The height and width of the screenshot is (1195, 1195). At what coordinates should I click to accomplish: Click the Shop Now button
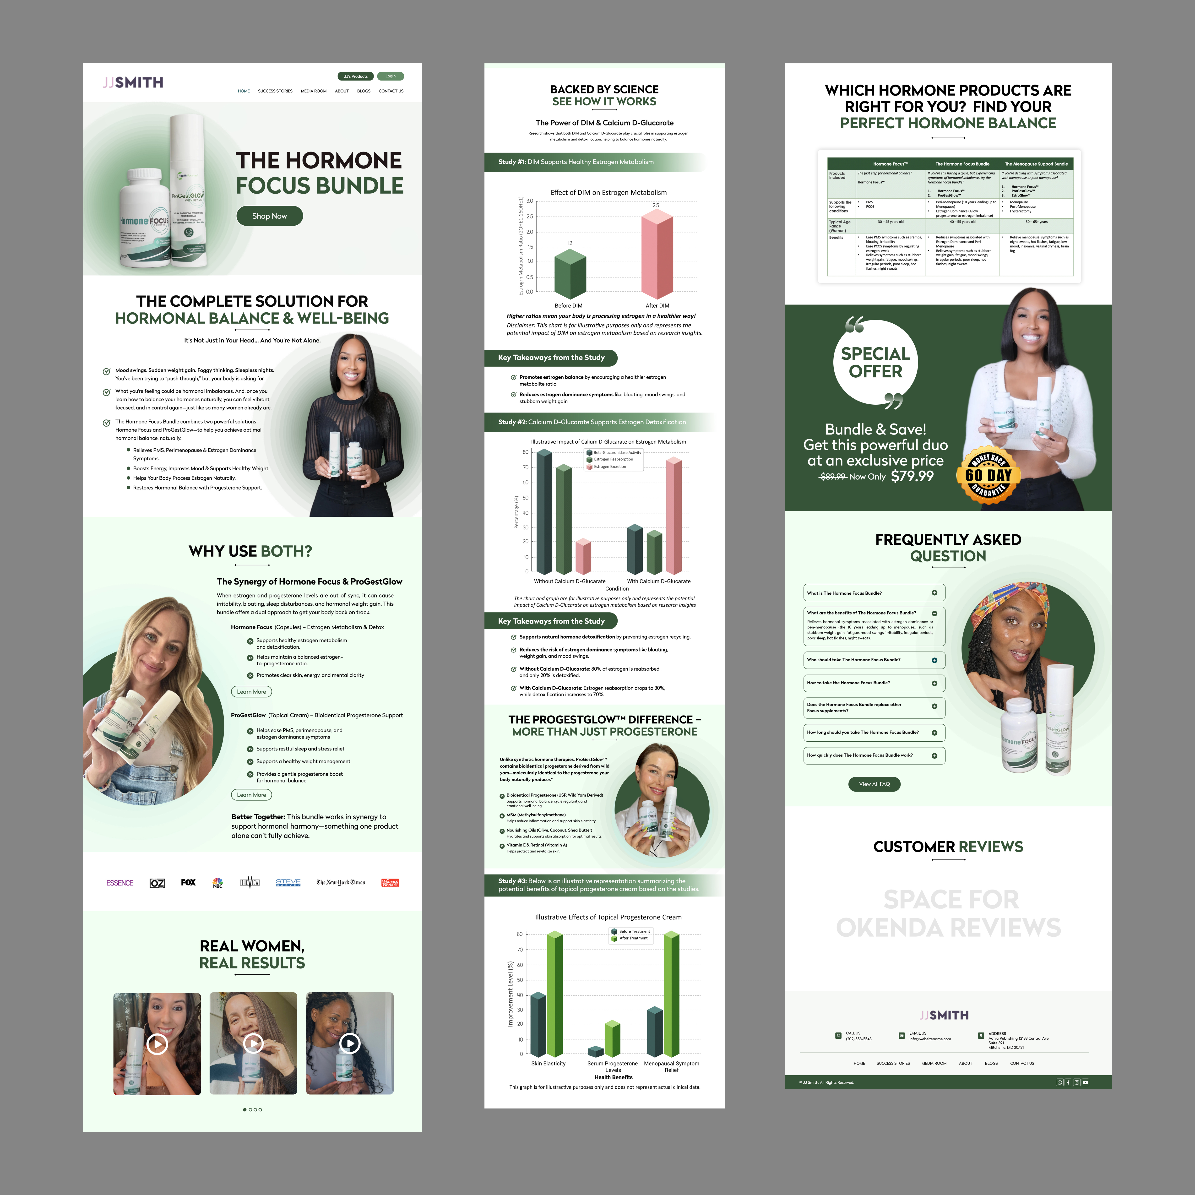point(269,216)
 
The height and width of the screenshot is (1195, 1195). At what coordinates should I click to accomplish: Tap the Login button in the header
point(390,76)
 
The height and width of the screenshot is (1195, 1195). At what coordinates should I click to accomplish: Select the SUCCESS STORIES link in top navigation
point(275,91)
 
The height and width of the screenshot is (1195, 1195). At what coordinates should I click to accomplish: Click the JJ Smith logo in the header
point(133,82)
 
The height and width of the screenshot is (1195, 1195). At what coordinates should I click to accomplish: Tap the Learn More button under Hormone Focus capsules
point(251,691)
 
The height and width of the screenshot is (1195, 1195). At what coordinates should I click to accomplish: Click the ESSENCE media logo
point(120,883)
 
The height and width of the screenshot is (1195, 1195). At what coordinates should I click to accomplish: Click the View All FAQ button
point(874,784)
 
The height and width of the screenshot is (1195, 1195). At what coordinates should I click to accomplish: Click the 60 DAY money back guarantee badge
point(989,475)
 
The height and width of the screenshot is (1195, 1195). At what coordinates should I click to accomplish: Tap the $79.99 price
point(912,476)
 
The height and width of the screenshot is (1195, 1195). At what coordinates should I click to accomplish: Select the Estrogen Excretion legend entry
point(609,466)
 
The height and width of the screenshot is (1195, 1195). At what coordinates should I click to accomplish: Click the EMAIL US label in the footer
point(918,1033)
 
